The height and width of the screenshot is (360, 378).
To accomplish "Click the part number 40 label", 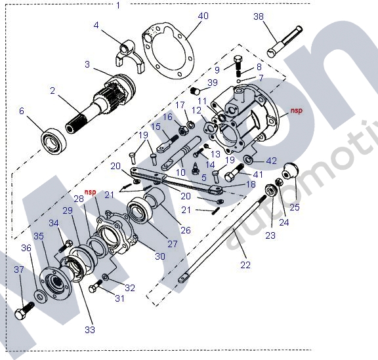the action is pos(203,16).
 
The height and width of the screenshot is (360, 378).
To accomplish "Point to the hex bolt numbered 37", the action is pos(24,311).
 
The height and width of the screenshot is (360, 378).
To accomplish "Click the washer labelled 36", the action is pos(40,295).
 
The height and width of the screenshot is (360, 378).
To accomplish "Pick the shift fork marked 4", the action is pos(129,56).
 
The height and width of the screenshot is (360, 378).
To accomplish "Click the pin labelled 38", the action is pos(285,42).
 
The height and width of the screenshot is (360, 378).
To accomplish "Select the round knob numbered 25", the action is pos(290,171).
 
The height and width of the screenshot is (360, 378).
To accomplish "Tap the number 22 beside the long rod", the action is pos(245,264).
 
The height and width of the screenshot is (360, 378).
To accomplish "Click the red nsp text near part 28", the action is pos(90,192).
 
